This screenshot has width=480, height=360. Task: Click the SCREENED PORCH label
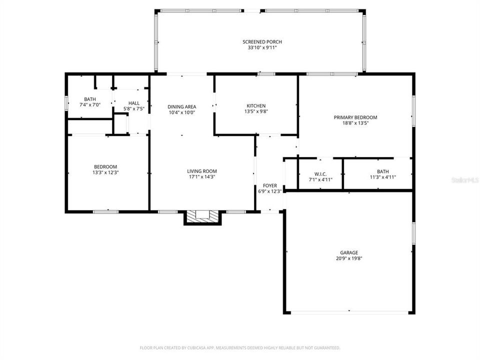pos(258,41)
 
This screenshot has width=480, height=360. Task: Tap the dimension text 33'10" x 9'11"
pos(258,48)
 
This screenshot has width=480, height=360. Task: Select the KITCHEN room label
pos(256,105)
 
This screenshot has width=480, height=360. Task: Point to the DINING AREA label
pos(181,106)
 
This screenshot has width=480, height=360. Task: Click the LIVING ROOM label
pos(202,171)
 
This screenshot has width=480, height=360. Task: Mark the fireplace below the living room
pos(202,216)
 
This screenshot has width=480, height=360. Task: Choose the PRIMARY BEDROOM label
pos(355,117)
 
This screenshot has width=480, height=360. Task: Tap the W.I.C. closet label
pos(320,173)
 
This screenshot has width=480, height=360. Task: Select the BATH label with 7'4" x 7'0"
pos(90,99)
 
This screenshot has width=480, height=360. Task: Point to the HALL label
pos(134,103)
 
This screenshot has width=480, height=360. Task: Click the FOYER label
pos(270,185)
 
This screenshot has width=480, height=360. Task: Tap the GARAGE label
pos(349,252)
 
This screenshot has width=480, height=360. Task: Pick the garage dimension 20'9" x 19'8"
pos(349,258)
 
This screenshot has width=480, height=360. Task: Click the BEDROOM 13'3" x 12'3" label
pos(105,166)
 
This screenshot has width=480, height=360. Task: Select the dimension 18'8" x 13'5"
pos(355,123)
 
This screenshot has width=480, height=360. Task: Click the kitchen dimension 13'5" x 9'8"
pos(256,112)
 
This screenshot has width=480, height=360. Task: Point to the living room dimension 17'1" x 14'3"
pos(202,177)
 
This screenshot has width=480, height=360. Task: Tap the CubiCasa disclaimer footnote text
pos(240,347)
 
